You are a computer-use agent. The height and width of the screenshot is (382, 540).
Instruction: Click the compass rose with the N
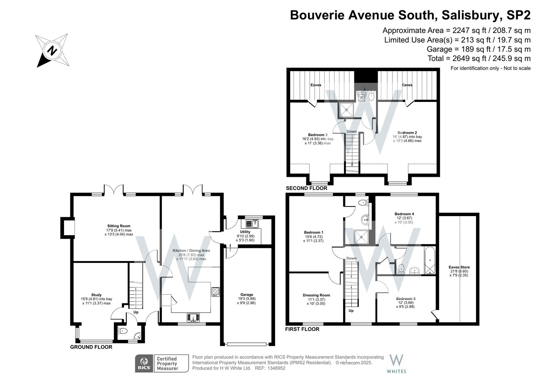coord(52,50)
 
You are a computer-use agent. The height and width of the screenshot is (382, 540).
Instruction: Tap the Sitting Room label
coord(119,226)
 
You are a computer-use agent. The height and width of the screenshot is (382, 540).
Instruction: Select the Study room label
coord(96,295)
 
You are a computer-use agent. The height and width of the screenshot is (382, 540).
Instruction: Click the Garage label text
coord(246,295)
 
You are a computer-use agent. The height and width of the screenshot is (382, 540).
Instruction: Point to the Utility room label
coord(245,232)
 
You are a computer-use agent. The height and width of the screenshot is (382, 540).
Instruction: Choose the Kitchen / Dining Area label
coord(191,250)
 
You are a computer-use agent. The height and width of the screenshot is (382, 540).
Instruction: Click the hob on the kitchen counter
coord(215,291)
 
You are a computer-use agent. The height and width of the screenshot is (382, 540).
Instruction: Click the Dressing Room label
coord(316,295)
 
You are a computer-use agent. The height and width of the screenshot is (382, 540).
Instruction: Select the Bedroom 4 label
coord(404,214)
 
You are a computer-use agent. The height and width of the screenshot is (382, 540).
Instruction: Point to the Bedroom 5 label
coord(406,299)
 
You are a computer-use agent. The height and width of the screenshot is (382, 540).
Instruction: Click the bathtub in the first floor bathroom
coord(430,261)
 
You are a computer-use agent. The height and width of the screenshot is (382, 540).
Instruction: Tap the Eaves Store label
coord(459,267)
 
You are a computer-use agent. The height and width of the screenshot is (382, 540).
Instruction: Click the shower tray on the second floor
coord(347,110)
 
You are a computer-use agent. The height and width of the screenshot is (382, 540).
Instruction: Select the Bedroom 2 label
coord(407,133)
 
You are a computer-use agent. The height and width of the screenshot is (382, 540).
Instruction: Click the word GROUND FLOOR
coord(91,347)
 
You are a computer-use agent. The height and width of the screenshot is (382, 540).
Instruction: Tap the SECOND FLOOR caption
coord(307,188)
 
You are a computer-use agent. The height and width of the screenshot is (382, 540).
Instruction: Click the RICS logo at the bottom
coord(144,363)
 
